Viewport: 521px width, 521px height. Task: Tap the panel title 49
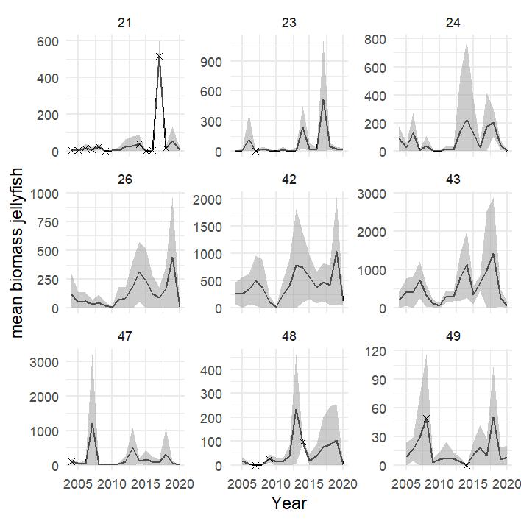(x=453, y=338)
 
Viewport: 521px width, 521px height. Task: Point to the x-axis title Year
(x=288, y=503)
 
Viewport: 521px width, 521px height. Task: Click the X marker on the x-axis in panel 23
(x=255, y=151)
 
